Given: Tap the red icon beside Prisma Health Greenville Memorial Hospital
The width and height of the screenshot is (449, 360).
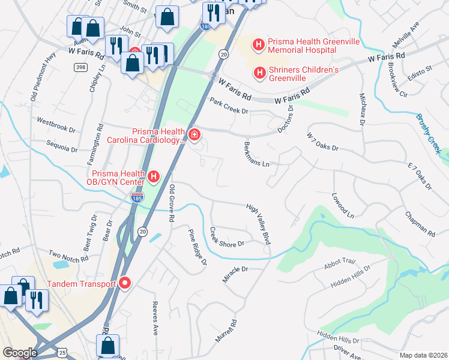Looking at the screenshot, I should pos(259,44).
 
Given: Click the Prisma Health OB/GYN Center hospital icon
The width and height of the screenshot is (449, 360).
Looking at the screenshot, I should pos(154,176).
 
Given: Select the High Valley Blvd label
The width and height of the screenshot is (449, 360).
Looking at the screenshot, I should pos(258,223).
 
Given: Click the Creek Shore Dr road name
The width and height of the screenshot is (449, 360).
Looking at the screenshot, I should pos(226,237).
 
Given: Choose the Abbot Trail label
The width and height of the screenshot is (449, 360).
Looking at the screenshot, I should pos(340,262).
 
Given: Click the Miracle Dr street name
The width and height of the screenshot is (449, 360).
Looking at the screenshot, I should pos(235,274).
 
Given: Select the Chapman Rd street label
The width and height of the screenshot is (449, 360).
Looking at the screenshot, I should pos(419,223).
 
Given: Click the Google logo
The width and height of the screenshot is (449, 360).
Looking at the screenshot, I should pos(20,353).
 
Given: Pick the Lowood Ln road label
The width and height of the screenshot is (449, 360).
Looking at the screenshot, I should pos(343,205).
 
